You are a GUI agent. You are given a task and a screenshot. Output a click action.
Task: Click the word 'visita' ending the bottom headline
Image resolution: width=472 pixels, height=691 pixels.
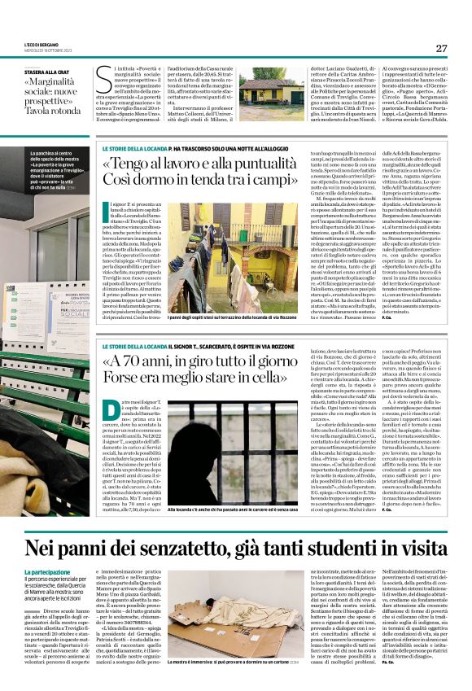point(418,546)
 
